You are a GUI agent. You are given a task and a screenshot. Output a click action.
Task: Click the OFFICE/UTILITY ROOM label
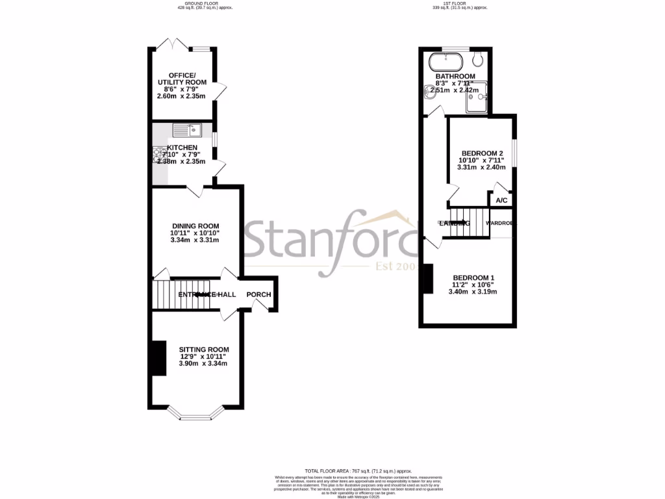click(x=182, y=78)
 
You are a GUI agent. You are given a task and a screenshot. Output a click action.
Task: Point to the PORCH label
click(x=258, y=294)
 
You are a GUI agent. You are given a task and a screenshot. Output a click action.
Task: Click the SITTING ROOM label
click(x=204, y=349)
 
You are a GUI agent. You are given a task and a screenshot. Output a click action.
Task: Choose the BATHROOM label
click(x=455, y=76)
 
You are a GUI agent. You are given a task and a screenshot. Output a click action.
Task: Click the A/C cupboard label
click(x=501, y=201)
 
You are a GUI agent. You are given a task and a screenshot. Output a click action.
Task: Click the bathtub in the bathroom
click(x=445, y=62)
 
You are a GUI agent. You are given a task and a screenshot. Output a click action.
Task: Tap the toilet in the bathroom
click(x=479, y=60)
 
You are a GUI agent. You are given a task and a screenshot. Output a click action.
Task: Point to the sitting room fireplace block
click(x=157, y=357)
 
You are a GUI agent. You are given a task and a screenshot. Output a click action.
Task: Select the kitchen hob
click(x=158, y=155)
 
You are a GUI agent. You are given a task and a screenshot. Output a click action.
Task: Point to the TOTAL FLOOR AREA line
click(x=358, y=470)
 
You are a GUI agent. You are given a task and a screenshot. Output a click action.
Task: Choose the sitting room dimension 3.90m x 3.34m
click(x=203, y=364)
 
